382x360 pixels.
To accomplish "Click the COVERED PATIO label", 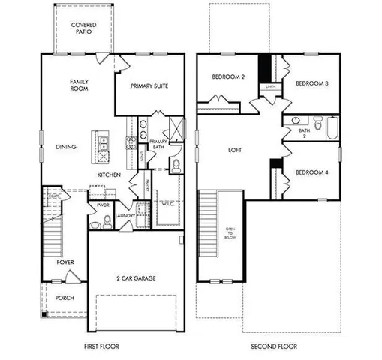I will point(83,28).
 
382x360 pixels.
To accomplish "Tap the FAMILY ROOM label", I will point(80,85).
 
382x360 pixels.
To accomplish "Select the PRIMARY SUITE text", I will point(149,85).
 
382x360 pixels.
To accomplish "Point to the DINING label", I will point(66,147).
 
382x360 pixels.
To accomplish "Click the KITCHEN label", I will point(109,175).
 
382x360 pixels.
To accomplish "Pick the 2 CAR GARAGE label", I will point(136,278).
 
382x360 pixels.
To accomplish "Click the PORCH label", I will point(65,297).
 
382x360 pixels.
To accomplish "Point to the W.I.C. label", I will point(167,203).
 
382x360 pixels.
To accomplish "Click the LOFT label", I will point(235,150).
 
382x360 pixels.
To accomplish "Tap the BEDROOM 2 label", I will point(227,76).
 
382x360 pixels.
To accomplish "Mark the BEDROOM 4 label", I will point(311,172).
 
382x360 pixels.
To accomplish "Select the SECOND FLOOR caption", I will point(275,346).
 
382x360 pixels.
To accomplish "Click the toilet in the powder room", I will point(107,220).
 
